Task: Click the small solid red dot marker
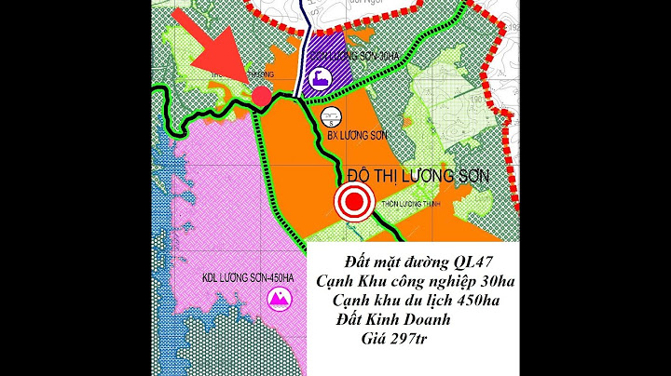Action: [x=262, y=95]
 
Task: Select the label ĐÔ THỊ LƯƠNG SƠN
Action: [x=418, y=176]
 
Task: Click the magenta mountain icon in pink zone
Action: [x=277, y=298]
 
